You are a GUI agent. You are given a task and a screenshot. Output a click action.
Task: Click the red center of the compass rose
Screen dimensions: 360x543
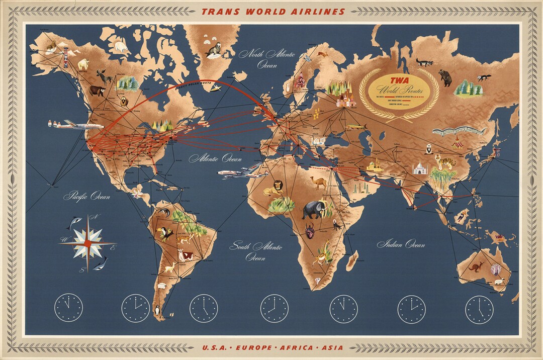[87, 243]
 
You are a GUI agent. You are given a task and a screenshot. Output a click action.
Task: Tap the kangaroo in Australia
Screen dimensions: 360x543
[475, 266]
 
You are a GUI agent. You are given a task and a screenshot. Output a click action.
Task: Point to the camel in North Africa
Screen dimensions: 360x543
[319, 182]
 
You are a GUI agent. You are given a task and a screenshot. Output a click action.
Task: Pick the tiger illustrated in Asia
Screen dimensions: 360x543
[445, 162]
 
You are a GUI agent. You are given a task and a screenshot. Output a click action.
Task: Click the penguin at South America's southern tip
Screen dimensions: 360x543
[157, 310]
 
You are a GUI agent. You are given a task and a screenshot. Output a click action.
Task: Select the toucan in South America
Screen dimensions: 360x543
[165, 233]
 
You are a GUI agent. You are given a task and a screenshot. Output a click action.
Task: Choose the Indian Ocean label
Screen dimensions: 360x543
[401, 245]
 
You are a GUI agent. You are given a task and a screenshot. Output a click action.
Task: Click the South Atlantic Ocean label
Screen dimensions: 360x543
[256, 251]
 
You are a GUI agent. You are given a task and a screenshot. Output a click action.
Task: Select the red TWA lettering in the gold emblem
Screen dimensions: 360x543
[399, 82]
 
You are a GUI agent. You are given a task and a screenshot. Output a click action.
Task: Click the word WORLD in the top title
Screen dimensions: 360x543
[276, 11]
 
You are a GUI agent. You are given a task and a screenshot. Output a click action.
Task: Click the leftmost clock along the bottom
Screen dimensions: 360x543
[68, 308]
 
